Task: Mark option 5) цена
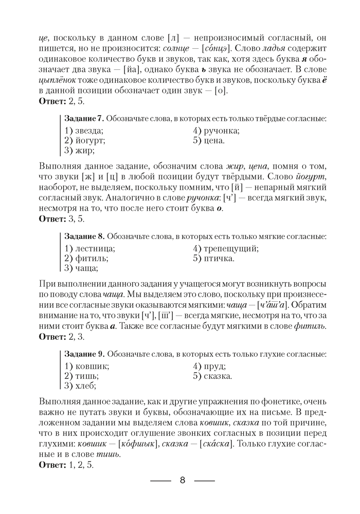click(x=209, y=140)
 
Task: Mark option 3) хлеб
click(x=80, y=385)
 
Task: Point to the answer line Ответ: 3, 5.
click(x=62, y=218)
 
